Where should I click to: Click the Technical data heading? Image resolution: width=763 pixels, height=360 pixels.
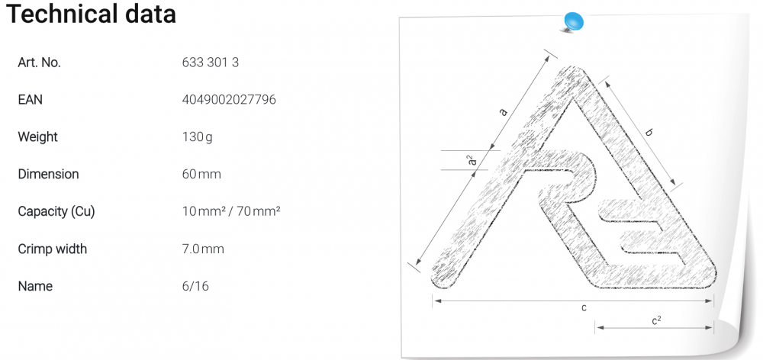(x=91, y=14)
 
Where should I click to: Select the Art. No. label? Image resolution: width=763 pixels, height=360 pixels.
(x=40, y=63)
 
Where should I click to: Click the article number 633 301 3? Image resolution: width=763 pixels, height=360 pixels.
(x=211, y=63)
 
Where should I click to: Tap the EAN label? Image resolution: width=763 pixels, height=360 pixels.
(x=31, y=100)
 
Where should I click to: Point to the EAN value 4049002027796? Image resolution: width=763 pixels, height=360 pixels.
(x=229, y=100)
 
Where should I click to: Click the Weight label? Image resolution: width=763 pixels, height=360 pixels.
(x=37, y=137)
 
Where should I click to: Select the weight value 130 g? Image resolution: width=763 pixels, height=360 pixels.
(x=197, y=137)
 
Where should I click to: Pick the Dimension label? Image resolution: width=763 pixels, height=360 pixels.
(x=48, y=174)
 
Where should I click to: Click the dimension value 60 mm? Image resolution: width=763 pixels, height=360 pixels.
(x=201, y=174)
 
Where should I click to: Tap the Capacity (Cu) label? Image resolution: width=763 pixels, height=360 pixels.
(x=56, y=211)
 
